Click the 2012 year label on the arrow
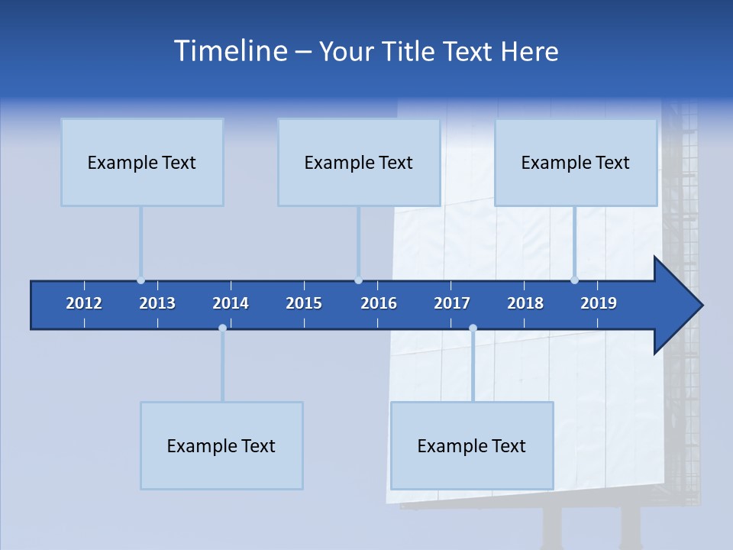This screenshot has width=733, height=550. click(84, 303)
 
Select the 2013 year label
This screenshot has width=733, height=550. click(157, 303)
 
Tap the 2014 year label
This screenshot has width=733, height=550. click(231, 303)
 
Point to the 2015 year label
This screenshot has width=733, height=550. click(304, 303)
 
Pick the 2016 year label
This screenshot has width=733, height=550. click(379, 303)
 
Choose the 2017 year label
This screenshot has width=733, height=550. click(452, 303)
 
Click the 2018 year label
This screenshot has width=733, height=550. click(525, 303)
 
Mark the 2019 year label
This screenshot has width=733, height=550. click(599, 303)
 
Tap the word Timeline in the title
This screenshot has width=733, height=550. click(230, 51)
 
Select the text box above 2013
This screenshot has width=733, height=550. click(142, 162)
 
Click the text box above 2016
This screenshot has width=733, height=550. click(359, 162)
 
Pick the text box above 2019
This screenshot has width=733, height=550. click(576, 162)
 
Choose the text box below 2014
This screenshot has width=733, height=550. click(221, 445)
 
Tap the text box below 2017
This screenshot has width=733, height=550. click(472, 445)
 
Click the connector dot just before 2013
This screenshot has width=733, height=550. click(140, 280)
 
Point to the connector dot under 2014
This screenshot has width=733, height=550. click(222, 328)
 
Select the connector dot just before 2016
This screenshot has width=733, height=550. click(358, 280)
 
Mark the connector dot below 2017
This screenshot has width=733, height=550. click(473, 328)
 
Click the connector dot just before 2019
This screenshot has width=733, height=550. click(574, 280)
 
